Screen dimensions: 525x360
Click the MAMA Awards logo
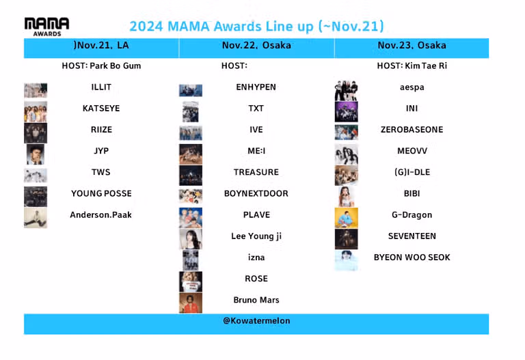click(x=47, y=27)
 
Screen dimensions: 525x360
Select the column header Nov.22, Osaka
click(x=256, y=46)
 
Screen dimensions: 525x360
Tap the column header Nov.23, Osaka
click(x=412, y=46)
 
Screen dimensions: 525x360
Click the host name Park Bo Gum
click(x=116, y=66)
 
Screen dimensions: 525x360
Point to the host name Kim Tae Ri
click(x=426, y=66)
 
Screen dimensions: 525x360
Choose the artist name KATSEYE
click(x=101, y=109)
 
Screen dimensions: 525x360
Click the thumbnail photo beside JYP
click(x=36, y=154)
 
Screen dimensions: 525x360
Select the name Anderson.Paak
click(x=100, y=214)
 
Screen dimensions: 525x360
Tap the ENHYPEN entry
click(x=256, y=87)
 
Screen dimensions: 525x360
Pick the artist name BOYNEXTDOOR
click(x=256, y=193)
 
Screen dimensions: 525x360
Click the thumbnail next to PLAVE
click(x=191, y=218)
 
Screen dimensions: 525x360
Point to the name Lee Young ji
click(x=256, y=236)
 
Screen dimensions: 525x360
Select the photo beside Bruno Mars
click(x=191, y=303)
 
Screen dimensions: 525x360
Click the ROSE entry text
click(x=256, y=279)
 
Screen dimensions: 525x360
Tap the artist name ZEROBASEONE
click(x=412, y=130)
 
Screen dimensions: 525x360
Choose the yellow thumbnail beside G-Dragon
click(x=346, y=218)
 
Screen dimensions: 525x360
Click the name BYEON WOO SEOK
click(x=412, y=258)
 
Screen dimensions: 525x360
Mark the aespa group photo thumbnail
click(x=346, y=90)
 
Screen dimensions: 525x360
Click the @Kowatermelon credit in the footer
click(x=256, y=321)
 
